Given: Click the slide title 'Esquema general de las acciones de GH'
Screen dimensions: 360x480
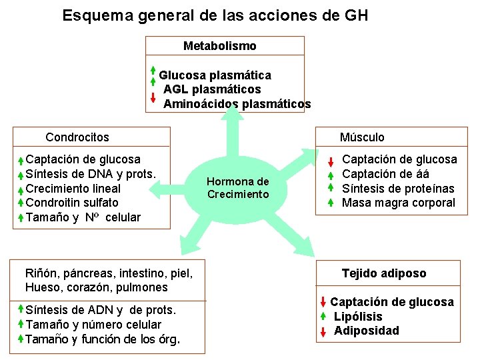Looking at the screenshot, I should (215, 15).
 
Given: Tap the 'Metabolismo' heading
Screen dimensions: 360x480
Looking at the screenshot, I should (219, 46).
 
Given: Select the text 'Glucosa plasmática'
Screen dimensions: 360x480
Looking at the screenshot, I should (215, 75).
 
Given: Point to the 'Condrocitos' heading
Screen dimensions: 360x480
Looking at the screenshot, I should (77, 137).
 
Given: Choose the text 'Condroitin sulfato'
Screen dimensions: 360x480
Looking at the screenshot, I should (72, 203).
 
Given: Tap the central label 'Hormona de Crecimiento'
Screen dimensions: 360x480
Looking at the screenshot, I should (237, 188).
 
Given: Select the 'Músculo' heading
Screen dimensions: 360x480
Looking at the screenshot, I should (362, 137).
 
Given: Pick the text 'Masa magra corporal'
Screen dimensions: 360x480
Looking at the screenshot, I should (399, 203).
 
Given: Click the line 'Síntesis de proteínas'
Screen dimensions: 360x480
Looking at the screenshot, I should (398, 189).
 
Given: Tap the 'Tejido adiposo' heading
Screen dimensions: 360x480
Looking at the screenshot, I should (384, 273).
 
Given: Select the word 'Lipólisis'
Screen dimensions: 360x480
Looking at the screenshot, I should (358, 317).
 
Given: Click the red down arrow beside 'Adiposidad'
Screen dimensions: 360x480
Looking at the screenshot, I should (322, 331).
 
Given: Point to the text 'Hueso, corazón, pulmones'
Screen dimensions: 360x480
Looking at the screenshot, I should (96, 288).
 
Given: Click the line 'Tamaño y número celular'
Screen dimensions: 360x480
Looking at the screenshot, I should (93, 325).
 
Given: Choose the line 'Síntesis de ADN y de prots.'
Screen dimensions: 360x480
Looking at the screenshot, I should (101, 310).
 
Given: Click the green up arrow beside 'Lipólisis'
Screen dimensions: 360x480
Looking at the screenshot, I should (322, 316).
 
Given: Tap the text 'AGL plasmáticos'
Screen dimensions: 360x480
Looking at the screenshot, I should (212, 89).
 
